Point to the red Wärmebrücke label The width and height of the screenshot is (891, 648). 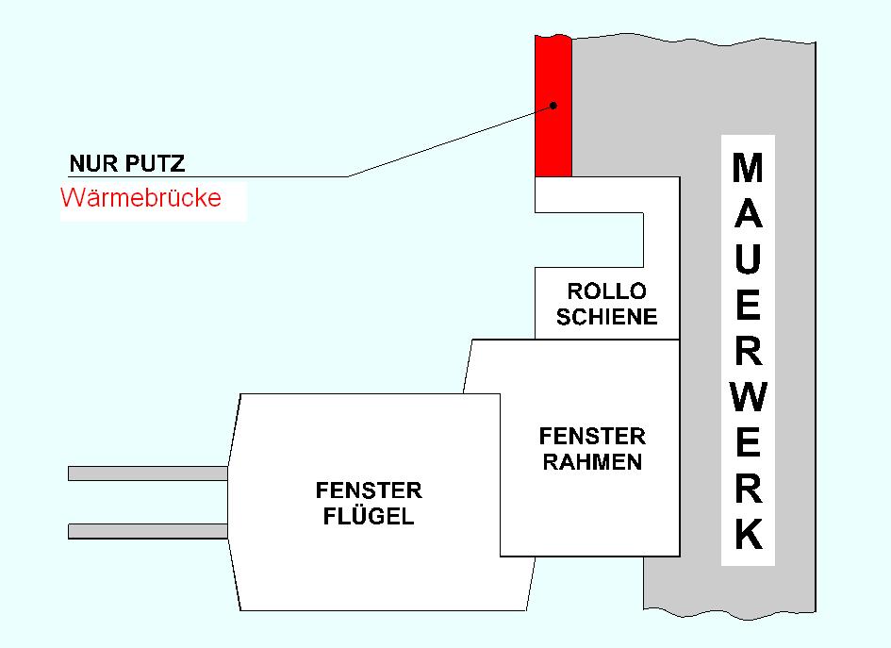point(140,199)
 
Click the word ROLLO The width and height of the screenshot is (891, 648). point(606,291)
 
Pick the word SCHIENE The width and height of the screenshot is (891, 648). point(606,316)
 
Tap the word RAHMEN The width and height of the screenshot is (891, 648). point(592,461)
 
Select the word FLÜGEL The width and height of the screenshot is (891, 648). point(369,516)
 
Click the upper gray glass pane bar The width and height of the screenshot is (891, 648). point(147,473)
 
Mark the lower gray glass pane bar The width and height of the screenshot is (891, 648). point(147,531)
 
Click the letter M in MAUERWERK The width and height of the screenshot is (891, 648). point(748,170)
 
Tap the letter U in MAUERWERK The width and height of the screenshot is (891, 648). point(748,260)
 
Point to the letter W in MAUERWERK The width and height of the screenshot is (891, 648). point(748,397)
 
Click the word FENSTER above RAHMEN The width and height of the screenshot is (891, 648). point(592,437)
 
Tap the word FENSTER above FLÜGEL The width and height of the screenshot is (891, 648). point(369,491)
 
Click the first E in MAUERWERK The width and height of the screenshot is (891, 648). point(748,306)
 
